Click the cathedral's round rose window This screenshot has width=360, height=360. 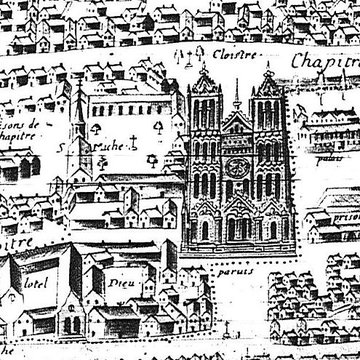[236, 164]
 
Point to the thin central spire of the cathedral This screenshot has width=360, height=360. [236, 95]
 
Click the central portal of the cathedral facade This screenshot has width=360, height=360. [236, 228]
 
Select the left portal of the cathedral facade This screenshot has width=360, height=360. [205, 230]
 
